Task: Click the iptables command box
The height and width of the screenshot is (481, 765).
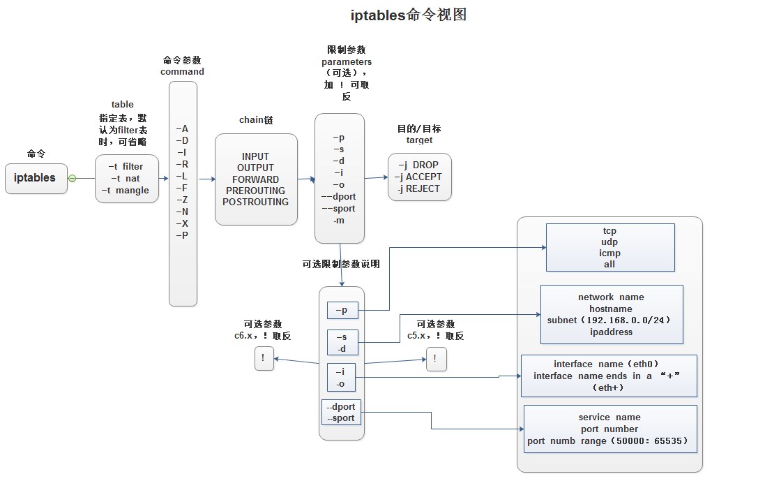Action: pyautogui.click(x=36, y=178)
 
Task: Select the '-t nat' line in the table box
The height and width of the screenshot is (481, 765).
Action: pyautogui.click(x=126, y=179)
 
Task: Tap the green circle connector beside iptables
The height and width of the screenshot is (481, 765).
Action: pyautogui.click(x=72, y=178)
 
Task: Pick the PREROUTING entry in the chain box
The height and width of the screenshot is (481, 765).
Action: pyautogui.click(x=255, y=191)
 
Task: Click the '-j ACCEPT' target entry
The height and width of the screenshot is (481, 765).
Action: pyautogui.click(x=418, y=177)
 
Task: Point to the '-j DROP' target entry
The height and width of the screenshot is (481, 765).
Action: pyautogui.click(x=418, y=165)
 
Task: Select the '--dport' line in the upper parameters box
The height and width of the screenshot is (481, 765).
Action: pyautogui.click(x=339, y=197)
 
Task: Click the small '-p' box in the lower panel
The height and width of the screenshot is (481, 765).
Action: pyautogui.click(x=342, y=310)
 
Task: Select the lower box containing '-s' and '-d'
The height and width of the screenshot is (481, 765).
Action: pyautogui.click(x=342, y=343)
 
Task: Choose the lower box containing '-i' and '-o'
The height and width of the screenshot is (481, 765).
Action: pyautogui.click(x=342, y=378)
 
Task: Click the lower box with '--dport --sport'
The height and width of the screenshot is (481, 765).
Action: pyautogui.click(x=341, y=413)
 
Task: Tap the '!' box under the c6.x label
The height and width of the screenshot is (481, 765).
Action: pyautogui.click(x=264, y=360)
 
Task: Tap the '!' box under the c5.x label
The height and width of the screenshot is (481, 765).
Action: pyautogui.click(x=436, y=360)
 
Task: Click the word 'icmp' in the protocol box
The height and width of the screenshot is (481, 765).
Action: pyautogui.click(x=609, y=253)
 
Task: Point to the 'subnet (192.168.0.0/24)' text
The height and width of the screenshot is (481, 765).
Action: pyautogui.click(x=610, y=320)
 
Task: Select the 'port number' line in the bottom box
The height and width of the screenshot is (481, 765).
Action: pyautogui.click(x=609, y=429)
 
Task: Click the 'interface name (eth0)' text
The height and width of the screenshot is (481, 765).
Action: pyautogui.click(x=609, y=364)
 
